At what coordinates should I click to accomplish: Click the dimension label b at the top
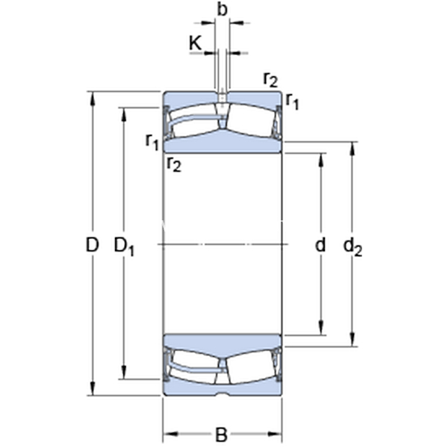pos(222,10)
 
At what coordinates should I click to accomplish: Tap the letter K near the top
pos(196,43)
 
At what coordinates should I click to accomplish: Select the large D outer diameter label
pos(92,245)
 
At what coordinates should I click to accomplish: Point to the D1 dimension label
pos(124,246)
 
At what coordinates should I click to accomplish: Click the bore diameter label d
pos(320,245)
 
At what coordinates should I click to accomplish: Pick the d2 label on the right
pos(352,246)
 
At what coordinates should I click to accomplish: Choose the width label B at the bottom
pos(221,435)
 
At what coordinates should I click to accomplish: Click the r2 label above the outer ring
pos(270,79)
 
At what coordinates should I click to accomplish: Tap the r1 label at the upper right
pos(292,102)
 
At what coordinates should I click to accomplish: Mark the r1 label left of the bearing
pos(152,142)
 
